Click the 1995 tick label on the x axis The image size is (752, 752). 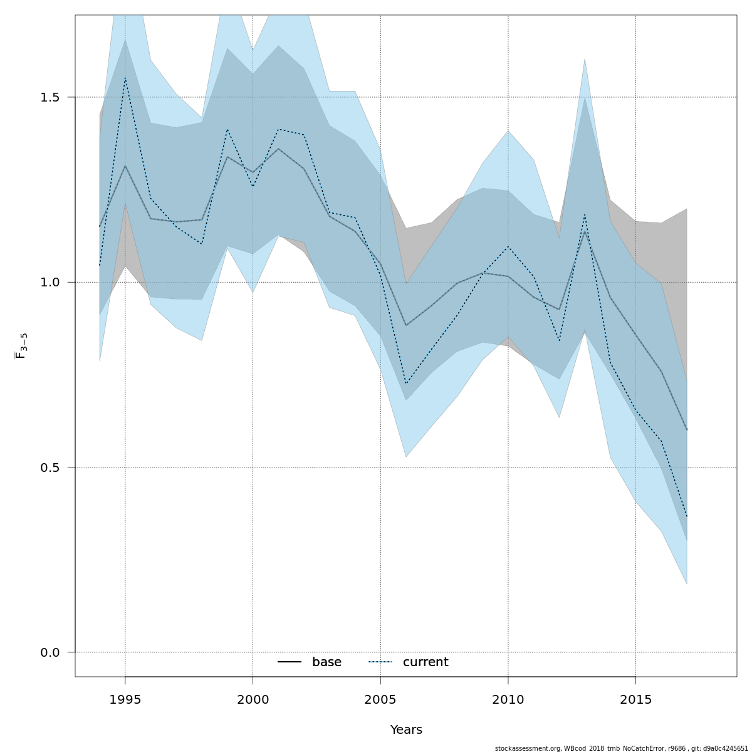coord(125,699)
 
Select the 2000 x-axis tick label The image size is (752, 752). coord(253,699)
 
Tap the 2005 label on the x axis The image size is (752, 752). coord(380,699)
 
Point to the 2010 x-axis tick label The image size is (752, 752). coord(508,699)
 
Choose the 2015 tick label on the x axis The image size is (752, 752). coord(636,699)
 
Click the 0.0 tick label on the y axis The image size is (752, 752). coord(50,652)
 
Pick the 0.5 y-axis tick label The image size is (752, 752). coord(50,467)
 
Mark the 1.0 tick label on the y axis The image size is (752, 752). coord(50,283)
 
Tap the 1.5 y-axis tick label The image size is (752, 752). coord(50,98)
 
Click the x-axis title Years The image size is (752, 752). coord(406,730)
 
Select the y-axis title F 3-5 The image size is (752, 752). coord(21,346)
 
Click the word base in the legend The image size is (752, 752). coord(326,662)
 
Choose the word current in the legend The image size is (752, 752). coord(426,662)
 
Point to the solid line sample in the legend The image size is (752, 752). coord(290,662)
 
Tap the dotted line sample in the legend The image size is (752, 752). coord(380,662)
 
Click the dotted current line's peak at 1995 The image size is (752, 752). coord(125,78)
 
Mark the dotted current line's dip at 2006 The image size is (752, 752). coord(406,384)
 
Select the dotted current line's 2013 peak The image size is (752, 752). coord(585,215)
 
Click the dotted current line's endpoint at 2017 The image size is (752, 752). coord(687,516)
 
